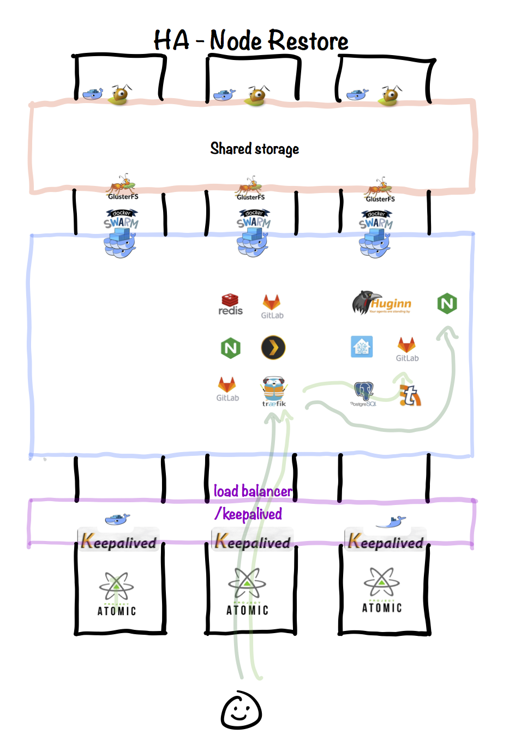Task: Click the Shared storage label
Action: coord(255,148)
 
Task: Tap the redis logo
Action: coord(230,304)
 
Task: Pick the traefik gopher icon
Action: coord(274,390)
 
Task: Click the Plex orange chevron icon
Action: coord(273,348)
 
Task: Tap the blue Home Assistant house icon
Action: coord(362,346)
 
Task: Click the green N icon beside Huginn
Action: coord(447,303)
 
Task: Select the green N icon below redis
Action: coord(230,348)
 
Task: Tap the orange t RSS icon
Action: coord(410,395)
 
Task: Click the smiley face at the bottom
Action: coord(241,711)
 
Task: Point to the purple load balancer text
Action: coord(253,491)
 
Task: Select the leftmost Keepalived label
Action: coord(118,542)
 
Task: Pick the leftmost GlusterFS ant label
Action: coord(123,188)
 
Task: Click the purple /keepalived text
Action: coord(249,514)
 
